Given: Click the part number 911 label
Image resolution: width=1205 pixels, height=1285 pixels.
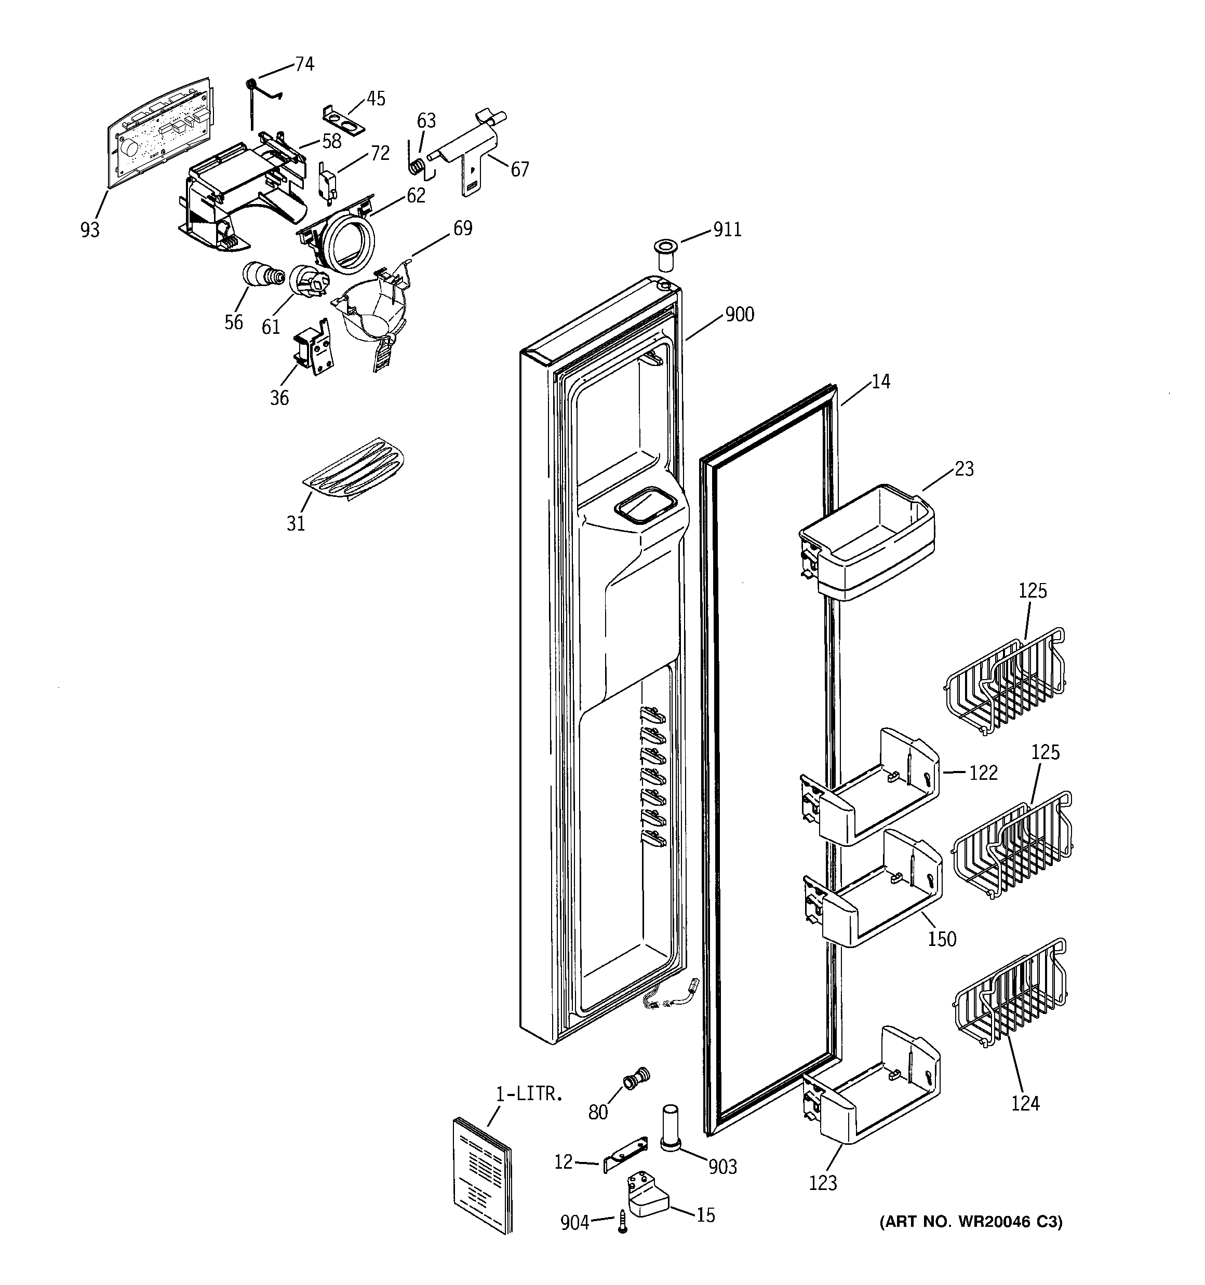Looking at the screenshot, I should (x=727, y=229).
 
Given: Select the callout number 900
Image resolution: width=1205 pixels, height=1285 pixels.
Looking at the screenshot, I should (x=739, y=315).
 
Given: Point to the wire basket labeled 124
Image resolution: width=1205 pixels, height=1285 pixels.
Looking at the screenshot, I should (x=1010, y=992).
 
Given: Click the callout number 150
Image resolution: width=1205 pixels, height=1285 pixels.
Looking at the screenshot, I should (x=941, y=939).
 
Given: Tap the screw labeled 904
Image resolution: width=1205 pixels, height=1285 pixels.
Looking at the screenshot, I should (x=623, y=1221).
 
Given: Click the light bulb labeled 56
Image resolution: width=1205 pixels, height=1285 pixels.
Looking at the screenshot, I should (x=261, y=275).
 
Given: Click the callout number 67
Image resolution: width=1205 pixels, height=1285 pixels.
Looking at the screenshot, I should (x=519, y=169).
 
